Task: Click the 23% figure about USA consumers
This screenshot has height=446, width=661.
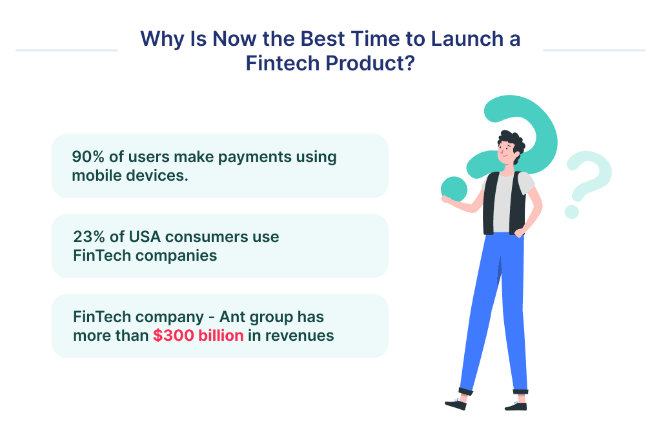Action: [x=88, y=237]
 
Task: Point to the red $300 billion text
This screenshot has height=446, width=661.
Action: [x=198, y=335]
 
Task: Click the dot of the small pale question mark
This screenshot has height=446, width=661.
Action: [x=571, y=211]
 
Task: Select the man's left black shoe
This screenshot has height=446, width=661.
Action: [x=456, y=403]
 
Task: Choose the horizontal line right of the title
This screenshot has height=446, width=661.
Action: [x=594, y=50]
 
